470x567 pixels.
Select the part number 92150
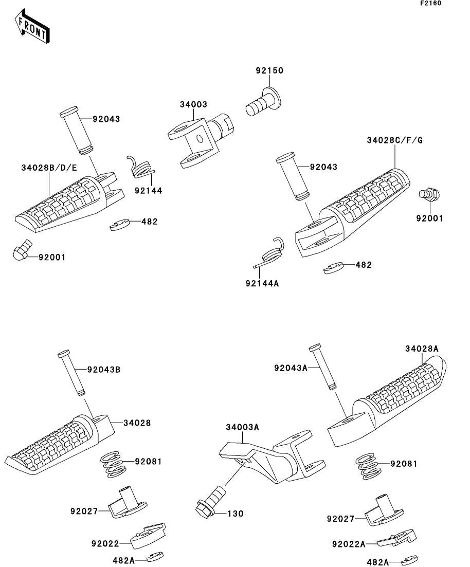pyautogui.click(x=270, y=70)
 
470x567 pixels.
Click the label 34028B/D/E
pyautogui.click(x=49, y=168)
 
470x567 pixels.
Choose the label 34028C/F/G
pyautogui.click(x=395, y=140)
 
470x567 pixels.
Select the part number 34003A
pyautogui.click(x=242, y=427)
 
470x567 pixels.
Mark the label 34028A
pyautogui.click(x=422, y=349)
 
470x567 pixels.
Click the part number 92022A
pyautogui.click(x=349, y=544)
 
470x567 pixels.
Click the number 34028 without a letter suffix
pyautogui.click(x=137, y=423)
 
